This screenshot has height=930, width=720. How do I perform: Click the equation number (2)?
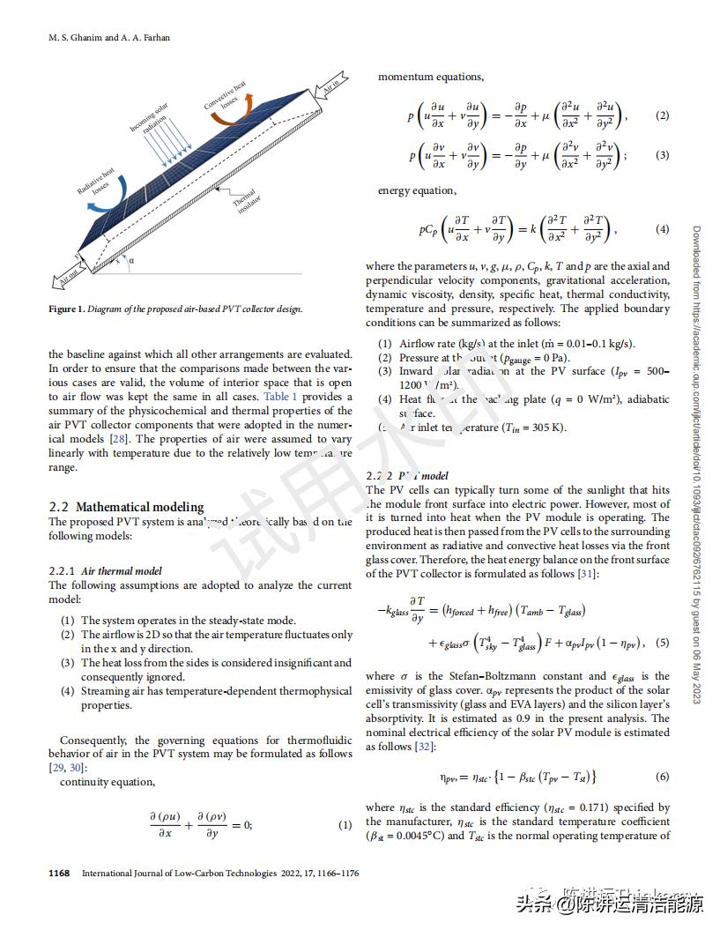point(663,115)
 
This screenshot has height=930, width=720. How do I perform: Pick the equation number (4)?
point(663,229)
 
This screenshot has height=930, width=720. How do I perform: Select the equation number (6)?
point(663,777)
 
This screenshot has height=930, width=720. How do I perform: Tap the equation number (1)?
point(345,825)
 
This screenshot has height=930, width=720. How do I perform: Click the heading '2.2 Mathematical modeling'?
point(126,507)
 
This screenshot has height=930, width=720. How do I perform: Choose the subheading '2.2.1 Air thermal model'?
point(105,571)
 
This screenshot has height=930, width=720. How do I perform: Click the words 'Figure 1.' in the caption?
point(67,309)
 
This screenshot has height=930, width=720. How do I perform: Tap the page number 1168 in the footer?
point(59,874)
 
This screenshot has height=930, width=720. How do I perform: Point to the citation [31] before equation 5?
point(588,574)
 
